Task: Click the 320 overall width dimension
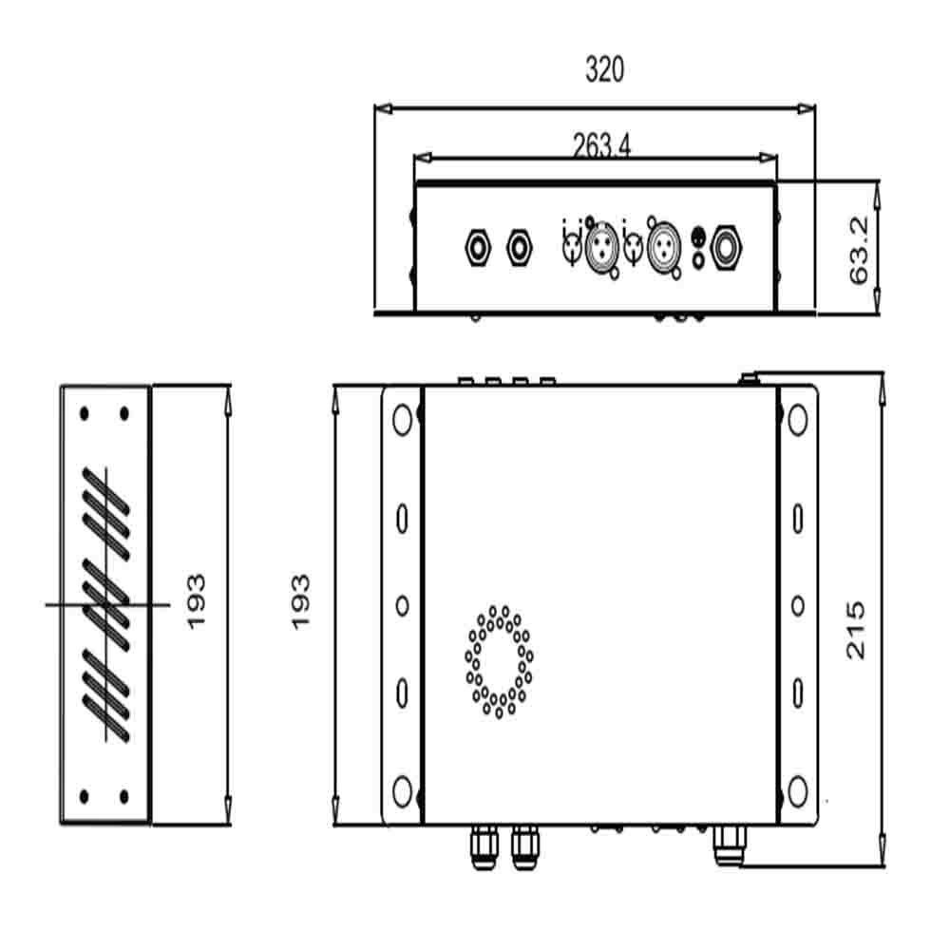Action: point(604,70)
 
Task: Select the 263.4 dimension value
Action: point(601,144)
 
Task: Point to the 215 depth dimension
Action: point(856,629)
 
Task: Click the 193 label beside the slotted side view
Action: point(195,599)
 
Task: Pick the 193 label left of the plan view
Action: point(300,599)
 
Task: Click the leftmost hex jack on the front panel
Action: point(478,249)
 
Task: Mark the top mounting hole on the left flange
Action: point(402,419)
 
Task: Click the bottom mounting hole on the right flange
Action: point(798,790)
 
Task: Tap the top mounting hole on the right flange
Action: point(798,419)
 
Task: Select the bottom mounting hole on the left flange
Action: point(402,790)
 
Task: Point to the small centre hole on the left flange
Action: point(402,605)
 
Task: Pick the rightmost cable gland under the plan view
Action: point(730,844)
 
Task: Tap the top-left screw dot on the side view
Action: point(85,413)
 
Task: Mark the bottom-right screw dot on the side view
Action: point(123,795)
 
